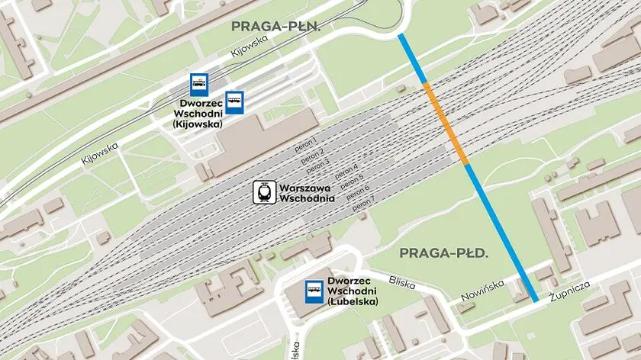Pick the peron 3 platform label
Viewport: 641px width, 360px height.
(318, 163)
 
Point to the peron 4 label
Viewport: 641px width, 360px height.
(345, 170)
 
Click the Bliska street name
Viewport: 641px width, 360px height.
(401, 282)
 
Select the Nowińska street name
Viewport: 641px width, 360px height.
(482, 291)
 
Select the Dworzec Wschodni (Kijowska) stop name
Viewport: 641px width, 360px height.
(201, 114)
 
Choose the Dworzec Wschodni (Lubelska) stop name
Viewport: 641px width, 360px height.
(353, 291)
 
